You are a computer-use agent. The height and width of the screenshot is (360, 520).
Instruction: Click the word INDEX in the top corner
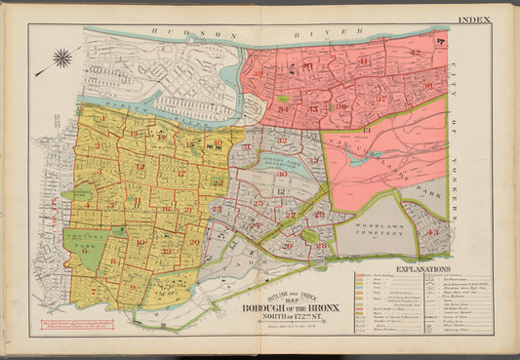point(500,20)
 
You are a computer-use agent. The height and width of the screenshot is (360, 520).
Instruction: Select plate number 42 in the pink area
point(414,52)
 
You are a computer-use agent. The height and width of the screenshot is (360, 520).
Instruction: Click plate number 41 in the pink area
point(365,63)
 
